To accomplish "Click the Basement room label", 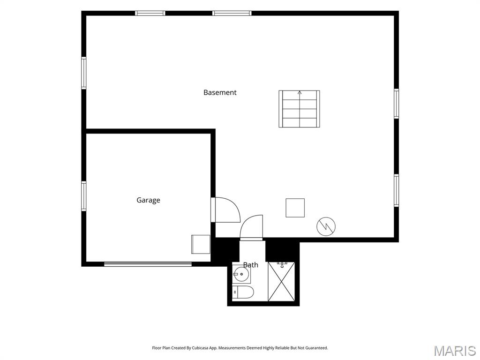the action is point(220,92).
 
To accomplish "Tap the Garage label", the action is point(148,200).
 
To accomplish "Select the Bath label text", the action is point(250,265).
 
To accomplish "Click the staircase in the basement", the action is point(299,109).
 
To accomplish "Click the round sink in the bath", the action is point(241,273).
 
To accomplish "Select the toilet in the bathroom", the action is point(243,292).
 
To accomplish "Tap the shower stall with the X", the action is point(281,282).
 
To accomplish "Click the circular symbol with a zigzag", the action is point(326,226).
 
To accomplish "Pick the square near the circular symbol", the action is point(295,208).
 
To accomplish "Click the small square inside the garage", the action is point(201,244).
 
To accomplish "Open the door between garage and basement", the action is point(225,210).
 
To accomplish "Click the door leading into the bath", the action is point(251,228).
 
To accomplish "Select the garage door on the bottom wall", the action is point(148,264).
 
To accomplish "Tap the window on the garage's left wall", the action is point(83,196).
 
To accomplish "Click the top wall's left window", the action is point(150,13).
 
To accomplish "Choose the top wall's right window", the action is point(232,13).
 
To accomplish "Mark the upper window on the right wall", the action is point(396,104).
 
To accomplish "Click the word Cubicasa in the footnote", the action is point(200,348).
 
